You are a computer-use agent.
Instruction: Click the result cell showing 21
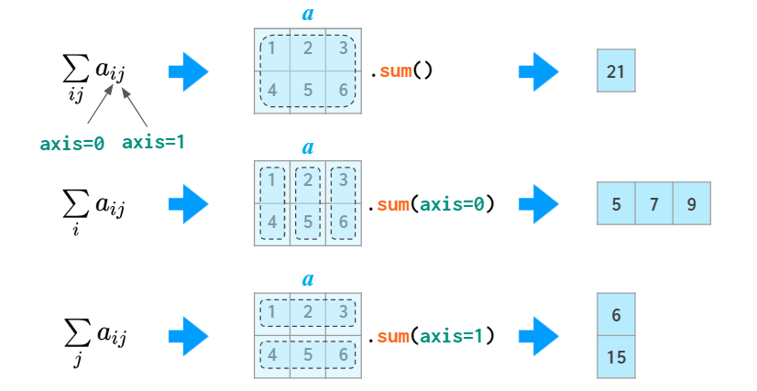(615, 71)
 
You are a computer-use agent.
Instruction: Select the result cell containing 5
(616, 203)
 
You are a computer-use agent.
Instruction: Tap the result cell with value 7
(653, 203)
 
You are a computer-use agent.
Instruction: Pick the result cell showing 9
(691, 203)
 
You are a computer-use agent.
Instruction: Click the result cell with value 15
(616, 357)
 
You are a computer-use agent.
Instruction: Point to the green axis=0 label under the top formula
(72, 143)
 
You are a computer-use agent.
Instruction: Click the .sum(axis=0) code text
(432, 203)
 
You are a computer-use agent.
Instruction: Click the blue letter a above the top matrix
(308, 15)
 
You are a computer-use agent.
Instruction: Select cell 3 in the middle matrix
(343, 180)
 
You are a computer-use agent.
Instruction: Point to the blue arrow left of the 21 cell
(539, 71)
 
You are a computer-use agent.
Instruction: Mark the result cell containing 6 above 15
(616, 315)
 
